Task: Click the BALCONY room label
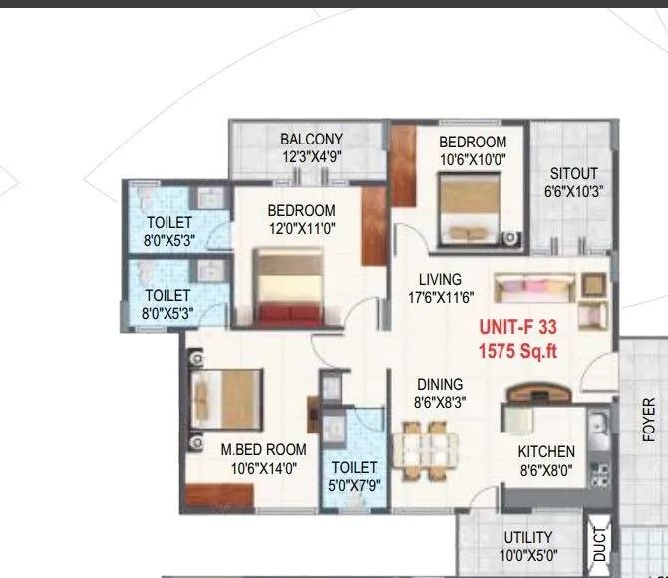click(311, 140)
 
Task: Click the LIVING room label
click(439, 279)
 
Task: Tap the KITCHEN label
click(546, 451)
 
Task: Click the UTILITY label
click(527, 539)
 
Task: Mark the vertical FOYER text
click(648, 419)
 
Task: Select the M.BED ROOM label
click(263, 450)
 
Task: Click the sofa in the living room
click(534, 290)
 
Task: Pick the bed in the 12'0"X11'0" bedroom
click(288, 287)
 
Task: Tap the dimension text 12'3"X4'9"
click(311, 156)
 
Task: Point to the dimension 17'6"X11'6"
click(439, 297)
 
